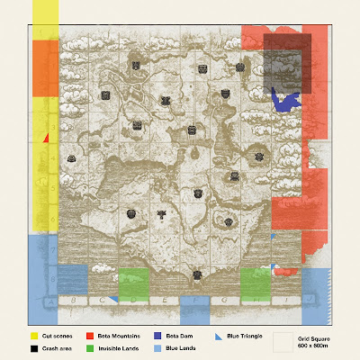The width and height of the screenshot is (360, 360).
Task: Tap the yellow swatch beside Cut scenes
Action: (x=32, y=336)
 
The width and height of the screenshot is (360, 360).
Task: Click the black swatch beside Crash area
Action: (x=32, y=347)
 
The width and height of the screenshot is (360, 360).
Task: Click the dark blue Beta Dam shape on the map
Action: (x=285, y=99)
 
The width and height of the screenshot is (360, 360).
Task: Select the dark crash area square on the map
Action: (x=286, y=65)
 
